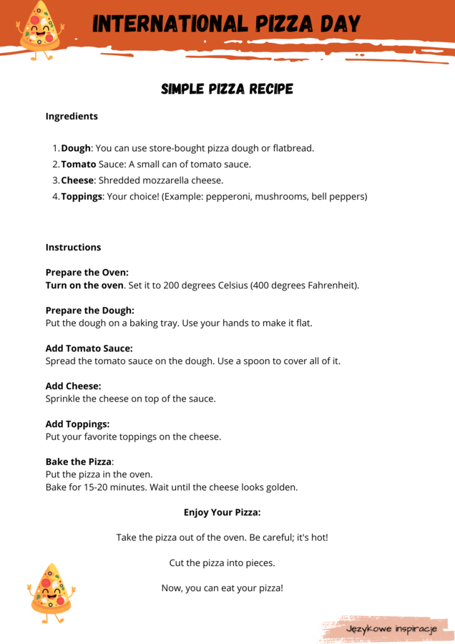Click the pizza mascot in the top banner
39,30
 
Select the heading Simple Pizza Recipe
227,89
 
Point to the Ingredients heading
72,116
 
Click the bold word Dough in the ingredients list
76,148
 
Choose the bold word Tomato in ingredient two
78,164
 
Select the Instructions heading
73,247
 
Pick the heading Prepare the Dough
89,311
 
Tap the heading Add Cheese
73,386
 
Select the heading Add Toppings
77,424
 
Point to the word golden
280,487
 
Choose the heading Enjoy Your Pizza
222,512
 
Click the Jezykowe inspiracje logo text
391,628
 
